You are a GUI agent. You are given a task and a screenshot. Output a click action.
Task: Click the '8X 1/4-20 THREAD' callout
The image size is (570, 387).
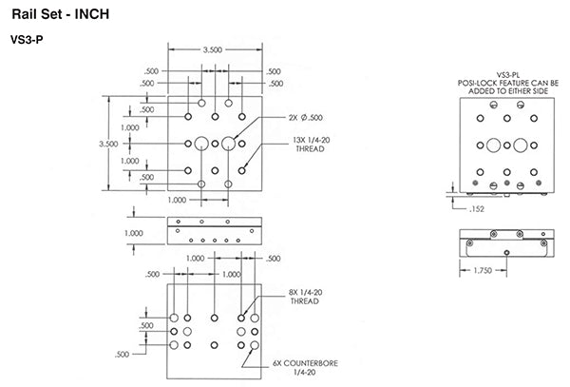[x=305, y=298]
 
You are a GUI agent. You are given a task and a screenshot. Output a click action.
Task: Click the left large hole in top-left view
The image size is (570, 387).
[x=201, y=145]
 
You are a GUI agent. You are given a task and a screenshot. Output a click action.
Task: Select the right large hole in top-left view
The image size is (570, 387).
[x=229, y=145]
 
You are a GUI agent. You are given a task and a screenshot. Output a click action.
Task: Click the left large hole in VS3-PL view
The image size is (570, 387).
[x=493, y=145]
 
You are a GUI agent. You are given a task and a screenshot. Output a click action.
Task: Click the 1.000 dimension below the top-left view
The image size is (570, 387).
[x=177, y=201]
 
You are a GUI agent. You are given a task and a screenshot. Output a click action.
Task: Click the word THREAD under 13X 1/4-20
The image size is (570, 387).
[x=310, y=149]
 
